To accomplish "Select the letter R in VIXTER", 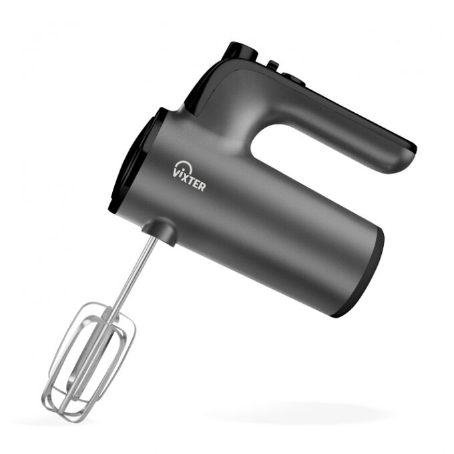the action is (202, 186).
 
